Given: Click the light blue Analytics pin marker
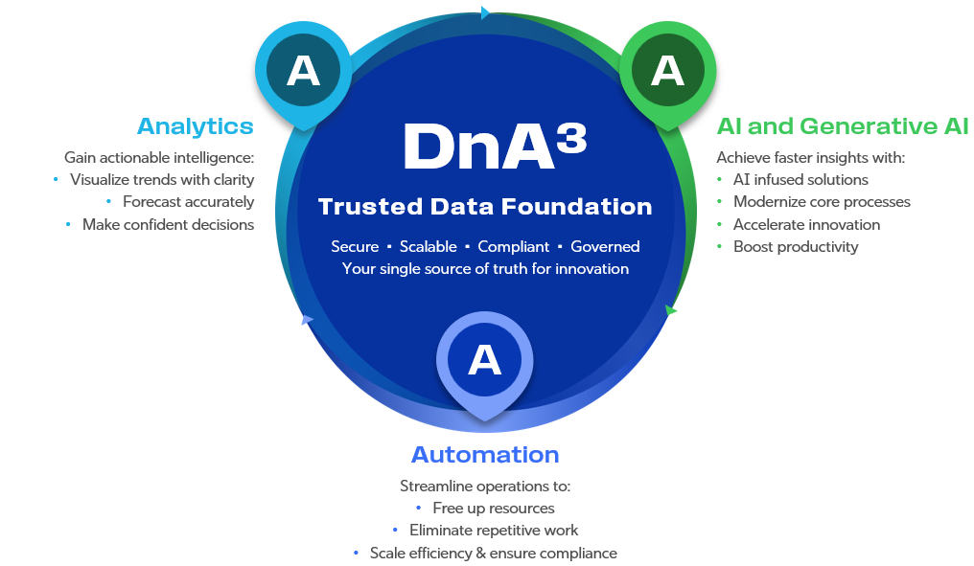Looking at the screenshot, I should (303, 72).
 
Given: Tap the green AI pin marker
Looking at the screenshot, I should (667, 72).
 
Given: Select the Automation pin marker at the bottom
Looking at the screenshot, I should (485, 360).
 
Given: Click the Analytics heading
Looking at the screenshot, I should (196, 126).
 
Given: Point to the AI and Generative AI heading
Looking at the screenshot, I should (843, 126).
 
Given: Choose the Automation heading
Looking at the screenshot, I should (485, 454).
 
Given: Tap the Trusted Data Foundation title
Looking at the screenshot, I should (485, 206).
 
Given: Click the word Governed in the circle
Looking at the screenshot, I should (605, 247).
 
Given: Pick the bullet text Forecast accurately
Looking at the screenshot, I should (188, 202).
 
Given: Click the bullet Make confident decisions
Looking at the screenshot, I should (168, 225).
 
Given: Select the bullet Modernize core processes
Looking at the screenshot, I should (822, 202).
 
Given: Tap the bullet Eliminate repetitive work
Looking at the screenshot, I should (494, 531).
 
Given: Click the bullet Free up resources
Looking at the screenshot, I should (493, 509).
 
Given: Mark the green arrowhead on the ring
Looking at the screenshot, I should (671, 310).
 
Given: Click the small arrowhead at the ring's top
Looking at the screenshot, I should (485, 12).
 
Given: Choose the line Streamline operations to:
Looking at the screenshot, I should (485, 487).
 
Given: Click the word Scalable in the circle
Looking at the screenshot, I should (429, 247).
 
